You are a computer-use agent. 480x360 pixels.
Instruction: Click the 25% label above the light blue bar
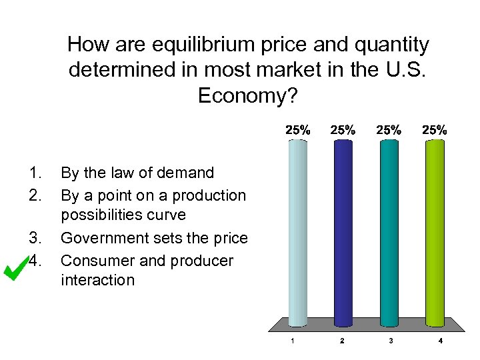pyautogui.click(x=298, y=131)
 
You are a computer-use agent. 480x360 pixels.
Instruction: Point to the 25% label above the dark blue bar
pyautogui.click(x=343, y=131)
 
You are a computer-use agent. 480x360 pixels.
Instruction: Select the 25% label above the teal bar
pyautogui.click(x=389, y=131)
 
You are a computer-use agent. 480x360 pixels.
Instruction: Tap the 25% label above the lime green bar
pyautogui.click(x=435, y=131)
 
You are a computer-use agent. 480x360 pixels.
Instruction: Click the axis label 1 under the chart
pyautogui.click(x=292, y=342)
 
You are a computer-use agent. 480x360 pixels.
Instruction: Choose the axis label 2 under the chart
pyautogui.click(x=342, y=342)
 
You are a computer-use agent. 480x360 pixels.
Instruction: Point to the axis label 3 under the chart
pyautogui.click(x=391, y=342)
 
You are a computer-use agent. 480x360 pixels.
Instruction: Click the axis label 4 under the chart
pyautogui.click(x=441, y=342)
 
